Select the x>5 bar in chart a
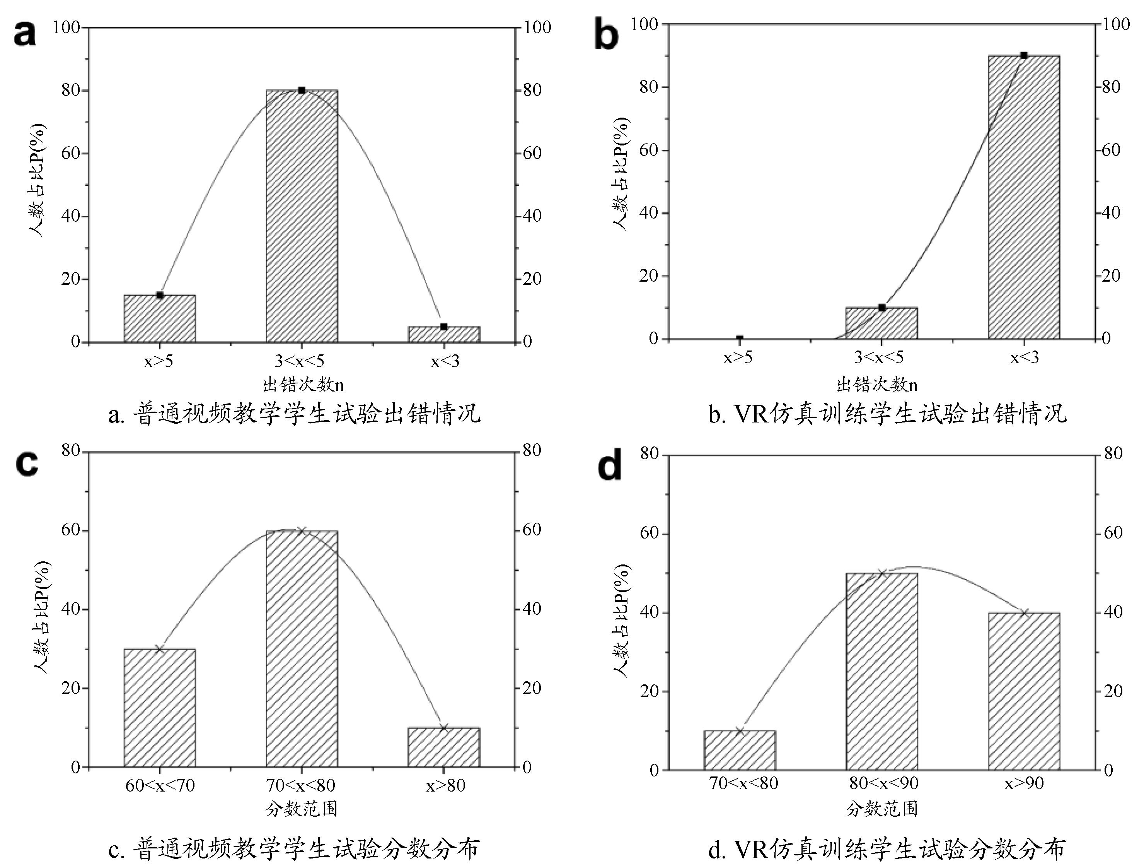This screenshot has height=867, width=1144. pos(160,318)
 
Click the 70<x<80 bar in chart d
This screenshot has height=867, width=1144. pos(740,750)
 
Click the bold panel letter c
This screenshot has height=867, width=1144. pos(27,463)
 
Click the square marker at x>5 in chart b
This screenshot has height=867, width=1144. pos(740,339)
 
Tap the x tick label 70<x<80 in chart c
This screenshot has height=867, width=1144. pos(301,786)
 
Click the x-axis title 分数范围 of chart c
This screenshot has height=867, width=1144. pos(302,809)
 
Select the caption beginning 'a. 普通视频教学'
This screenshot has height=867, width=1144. pos(294,414)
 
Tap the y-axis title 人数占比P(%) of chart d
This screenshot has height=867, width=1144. pos(620,621)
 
